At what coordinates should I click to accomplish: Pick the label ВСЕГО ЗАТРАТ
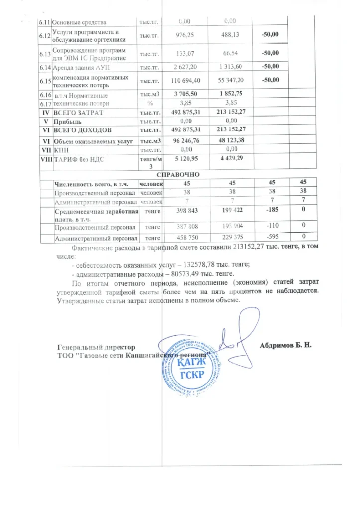tap(77, 113)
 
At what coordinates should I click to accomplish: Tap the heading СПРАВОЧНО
tap(178, 175)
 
